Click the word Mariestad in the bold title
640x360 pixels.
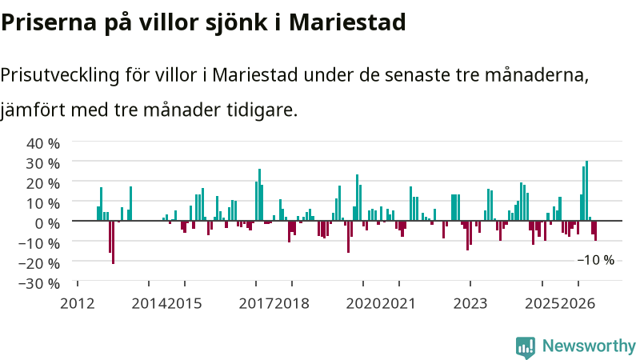pos(347,22)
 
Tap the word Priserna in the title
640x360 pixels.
pos(49,22)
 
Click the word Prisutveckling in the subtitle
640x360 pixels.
pos(59,75)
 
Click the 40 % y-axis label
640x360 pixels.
pos(43,143)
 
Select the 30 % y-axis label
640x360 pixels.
pos(43,163)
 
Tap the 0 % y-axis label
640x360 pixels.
pos(47,223)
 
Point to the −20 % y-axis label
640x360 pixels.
pos(39,263)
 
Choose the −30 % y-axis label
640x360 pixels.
pos(39,283)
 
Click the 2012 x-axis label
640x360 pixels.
pos(78,304)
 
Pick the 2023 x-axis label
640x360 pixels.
pos(470,304)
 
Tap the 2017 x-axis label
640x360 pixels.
pos(256,304)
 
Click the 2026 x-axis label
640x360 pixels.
pos(578,304)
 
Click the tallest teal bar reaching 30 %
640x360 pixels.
pos(586,190)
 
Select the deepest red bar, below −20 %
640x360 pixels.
pos(113,242)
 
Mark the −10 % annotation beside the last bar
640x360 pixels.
pos(595,260)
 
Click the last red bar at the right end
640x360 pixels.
pos(595,230)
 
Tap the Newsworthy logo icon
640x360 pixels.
pos(526,348)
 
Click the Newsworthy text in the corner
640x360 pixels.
pos(589,346)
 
